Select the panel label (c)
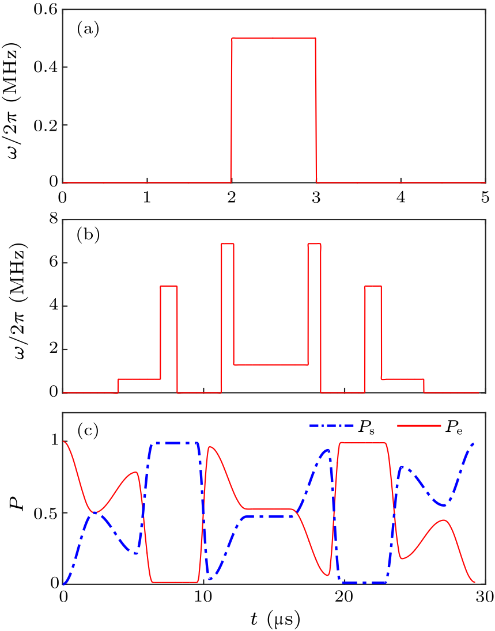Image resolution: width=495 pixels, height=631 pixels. click(88, 430)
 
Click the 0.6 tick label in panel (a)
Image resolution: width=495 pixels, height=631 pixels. click(45, 10)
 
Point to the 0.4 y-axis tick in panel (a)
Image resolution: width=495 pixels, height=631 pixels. click(45, 67)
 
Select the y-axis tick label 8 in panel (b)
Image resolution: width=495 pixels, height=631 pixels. click(54, 219)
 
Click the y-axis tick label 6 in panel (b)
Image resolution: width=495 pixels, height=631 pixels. click(54, 263)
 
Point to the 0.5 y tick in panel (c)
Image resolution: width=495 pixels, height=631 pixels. click(45, 513)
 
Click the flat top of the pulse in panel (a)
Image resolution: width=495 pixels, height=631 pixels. click(274, 39)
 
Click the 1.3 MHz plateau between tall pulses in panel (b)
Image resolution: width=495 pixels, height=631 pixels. click(271, 364)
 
